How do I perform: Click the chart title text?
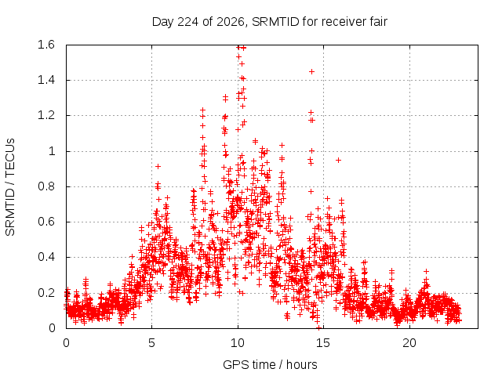click(x=270, y=22)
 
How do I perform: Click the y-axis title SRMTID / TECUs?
click(x=10, y=187)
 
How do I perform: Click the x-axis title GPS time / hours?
click(x=270, y=364)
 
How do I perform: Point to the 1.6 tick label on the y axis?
click(x=46, y=45)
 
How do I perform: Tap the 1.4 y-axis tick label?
click(x=46, y=80)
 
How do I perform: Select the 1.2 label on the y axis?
click(x=46, y=115)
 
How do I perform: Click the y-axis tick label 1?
click(x=52, y=151)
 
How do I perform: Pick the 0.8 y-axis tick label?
click(x=46, y=186)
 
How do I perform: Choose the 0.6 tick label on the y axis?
click(x=46, y=222)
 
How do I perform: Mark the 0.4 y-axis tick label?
click(x=46, y=257)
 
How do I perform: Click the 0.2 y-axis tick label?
click(x=46, y=292)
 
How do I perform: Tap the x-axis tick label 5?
click(x=151, y=343)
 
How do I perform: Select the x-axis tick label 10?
click(x=238, y=343)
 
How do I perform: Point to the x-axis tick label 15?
click(x=323, y=343)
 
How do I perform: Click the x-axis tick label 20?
click(x=409, y=343)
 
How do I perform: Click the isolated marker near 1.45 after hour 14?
click(x=311, y=71)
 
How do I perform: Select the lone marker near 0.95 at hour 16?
click(x=338, y=160)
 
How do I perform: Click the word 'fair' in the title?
click(x=378, y=22)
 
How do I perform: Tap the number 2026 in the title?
click(x=231, y=22)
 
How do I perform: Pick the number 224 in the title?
click(x=188, y=22)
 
